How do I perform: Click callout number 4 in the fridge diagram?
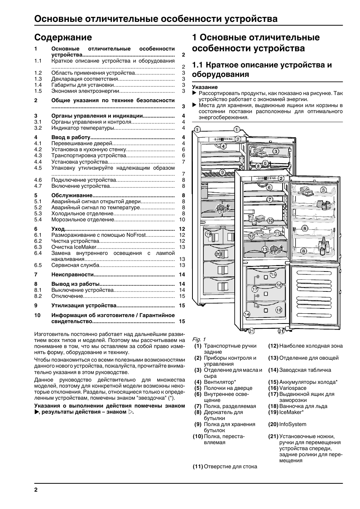[x=223, y=146]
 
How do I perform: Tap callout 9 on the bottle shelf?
[x=222, y=172]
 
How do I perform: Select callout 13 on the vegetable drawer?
[x=265, y=249]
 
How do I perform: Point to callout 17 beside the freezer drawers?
[x=255, y=289]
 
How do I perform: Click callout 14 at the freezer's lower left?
[x=247, y=314]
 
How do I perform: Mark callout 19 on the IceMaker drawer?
[x=208, y=234]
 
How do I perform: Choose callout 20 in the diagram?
[x=218, y=254]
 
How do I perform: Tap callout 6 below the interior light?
[x=269, y=187]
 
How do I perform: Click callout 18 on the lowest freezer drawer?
[x=278, y=310]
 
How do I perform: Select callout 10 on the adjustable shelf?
[x=270, y=221]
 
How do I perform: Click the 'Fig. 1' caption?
[x=199, y=339]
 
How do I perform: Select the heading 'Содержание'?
[x=63, y=37]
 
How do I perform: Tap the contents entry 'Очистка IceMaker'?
[x=74, y=247]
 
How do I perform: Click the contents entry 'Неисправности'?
[x=72, y=274]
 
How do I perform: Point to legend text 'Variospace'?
[x=293, y=388]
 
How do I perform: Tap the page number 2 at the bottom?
[x=36, y=490]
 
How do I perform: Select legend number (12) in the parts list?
[x=273, y=346]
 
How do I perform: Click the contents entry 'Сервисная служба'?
[x=75, y=265]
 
